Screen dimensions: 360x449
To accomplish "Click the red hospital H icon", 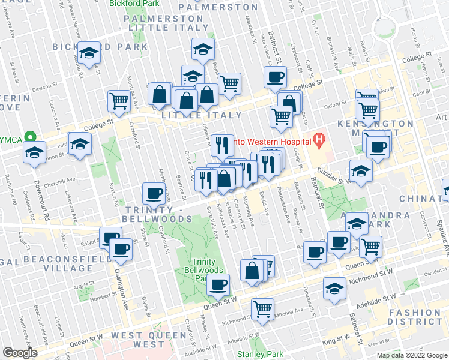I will tap(319, 142).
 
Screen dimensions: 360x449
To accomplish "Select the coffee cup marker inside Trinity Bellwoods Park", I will tap(218, 284).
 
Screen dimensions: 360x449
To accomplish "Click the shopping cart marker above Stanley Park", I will tap(262, 310).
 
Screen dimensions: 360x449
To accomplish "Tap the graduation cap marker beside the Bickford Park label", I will tap(89, 53).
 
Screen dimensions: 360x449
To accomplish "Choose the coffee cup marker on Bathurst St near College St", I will tap(276, 77).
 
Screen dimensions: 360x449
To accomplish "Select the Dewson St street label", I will tap(44, 88).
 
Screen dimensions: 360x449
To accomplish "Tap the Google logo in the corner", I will tap(20, 353).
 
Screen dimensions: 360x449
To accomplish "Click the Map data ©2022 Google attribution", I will tap(411, 355).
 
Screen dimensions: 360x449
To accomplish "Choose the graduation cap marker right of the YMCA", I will tap(80, 144).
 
